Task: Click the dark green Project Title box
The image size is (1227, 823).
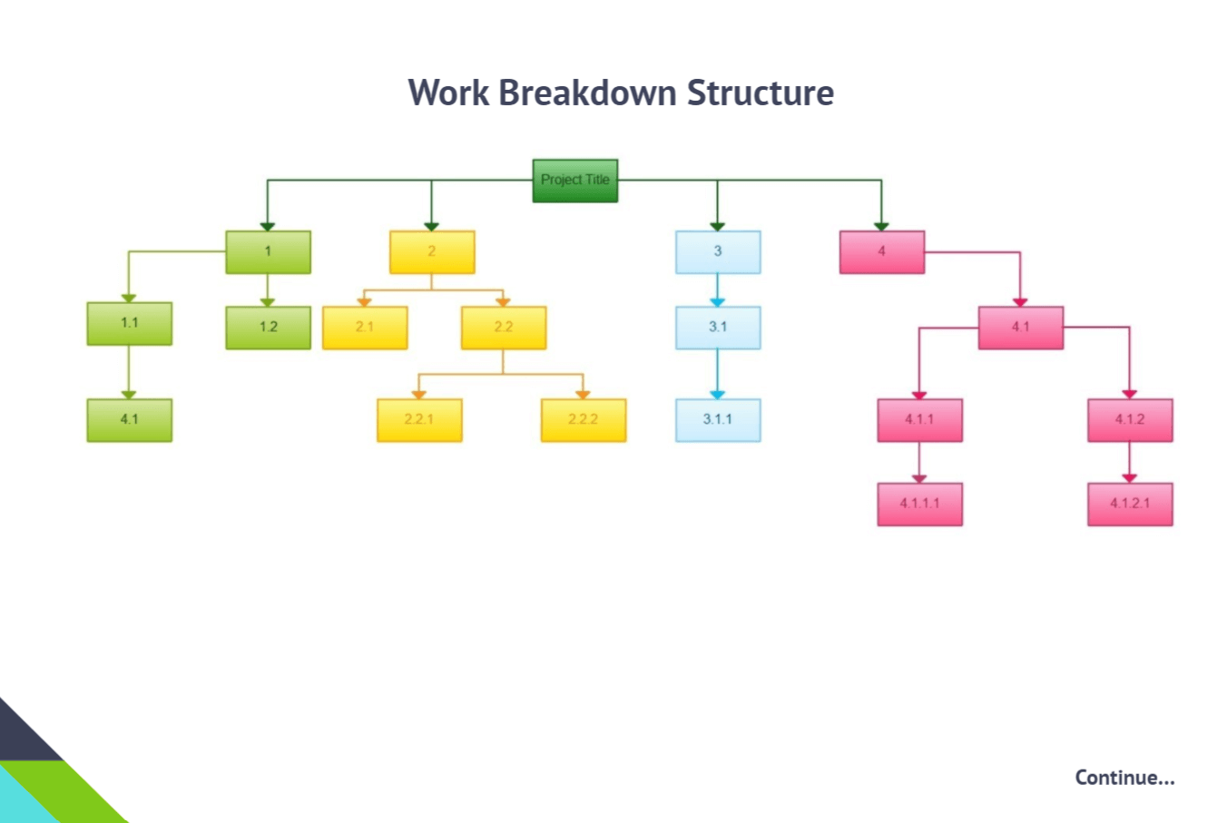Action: (x=575, y=181)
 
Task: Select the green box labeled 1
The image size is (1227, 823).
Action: (x=269, y=252)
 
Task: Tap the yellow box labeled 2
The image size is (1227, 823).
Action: (x=432, y=252)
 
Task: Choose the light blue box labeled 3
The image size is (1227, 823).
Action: (x=718, y=252)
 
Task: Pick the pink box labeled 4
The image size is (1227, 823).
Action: (x=882, y=252)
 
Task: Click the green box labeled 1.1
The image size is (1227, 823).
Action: (x=129, y=324)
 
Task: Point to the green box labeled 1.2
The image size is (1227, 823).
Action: (x=269, y=328)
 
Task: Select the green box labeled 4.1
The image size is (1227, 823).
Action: (x=129, y=420)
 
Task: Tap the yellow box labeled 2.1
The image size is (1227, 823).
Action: (x=365, y=328)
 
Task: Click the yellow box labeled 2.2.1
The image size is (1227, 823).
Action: (x=419, y=420)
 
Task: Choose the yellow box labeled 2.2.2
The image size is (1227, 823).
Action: (x=584, y=420)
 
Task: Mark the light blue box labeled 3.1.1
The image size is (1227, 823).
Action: (x=718, y=420)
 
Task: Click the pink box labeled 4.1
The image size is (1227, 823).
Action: (x=1021, y=328)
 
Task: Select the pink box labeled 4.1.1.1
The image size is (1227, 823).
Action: (x=919, y=505)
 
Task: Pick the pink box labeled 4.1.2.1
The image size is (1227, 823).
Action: (x=1130, y=505)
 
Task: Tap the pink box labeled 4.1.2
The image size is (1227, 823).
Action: (x=1130, y=420)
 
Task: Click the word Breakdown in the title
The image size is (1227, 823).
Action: (x=587, y=92)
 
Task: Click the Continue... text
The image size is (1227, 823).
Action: (x=1124, y=778)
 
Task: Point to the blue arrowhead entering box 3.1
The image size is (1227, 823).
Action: (x=718, y=302)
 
